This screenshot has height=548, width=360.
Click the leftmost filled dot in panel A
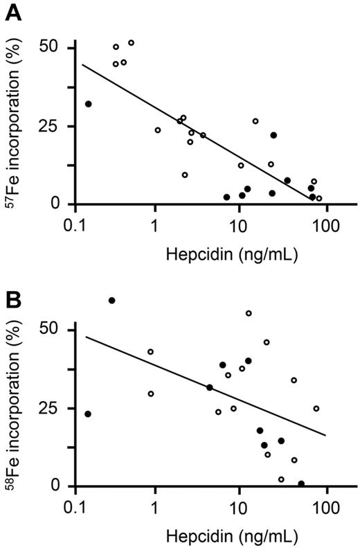coord(88,104)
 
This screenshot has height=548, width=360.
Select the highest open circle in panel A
coord(131,43)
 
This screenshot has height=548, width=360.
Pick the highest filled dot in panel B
coord(111,301)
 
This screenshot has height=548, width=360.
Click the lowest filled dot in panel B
coord(301,484)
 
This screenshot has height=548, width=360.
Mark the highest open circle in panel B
coord(249,313)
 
